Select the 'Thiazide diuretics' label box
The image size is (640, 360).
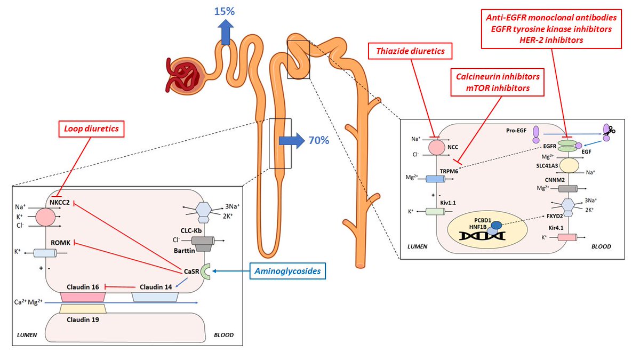click(411, 52)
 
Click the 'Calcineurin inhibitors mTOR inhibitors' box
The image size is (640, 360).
click(497, 82)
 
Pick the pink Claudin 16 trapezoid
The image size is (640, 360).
click(78, 297)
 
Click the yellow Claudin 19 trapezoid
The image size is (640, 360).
click(83, 308)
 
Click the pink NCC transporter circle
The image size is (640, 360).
click(437, 147)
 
